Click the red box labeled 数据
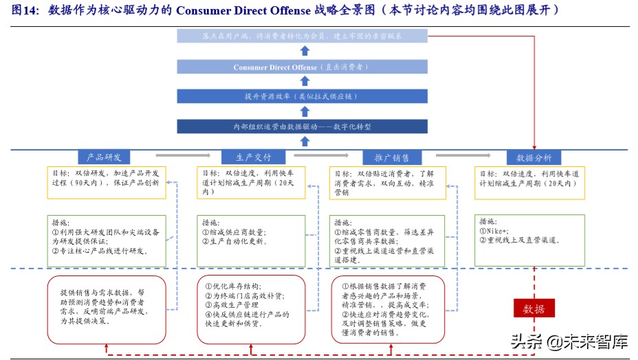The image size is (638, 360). pyautogui.click(x=533, y=308)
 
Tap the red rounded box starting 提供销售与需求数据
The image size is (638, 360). pyautogui.click(x=107, y=308)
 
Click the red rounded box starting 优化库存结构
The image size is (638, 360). pyautogui.click(x=251, y=308)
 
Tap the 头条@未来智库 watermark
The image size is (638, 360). pyautogui.click(x=568, y=340)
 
